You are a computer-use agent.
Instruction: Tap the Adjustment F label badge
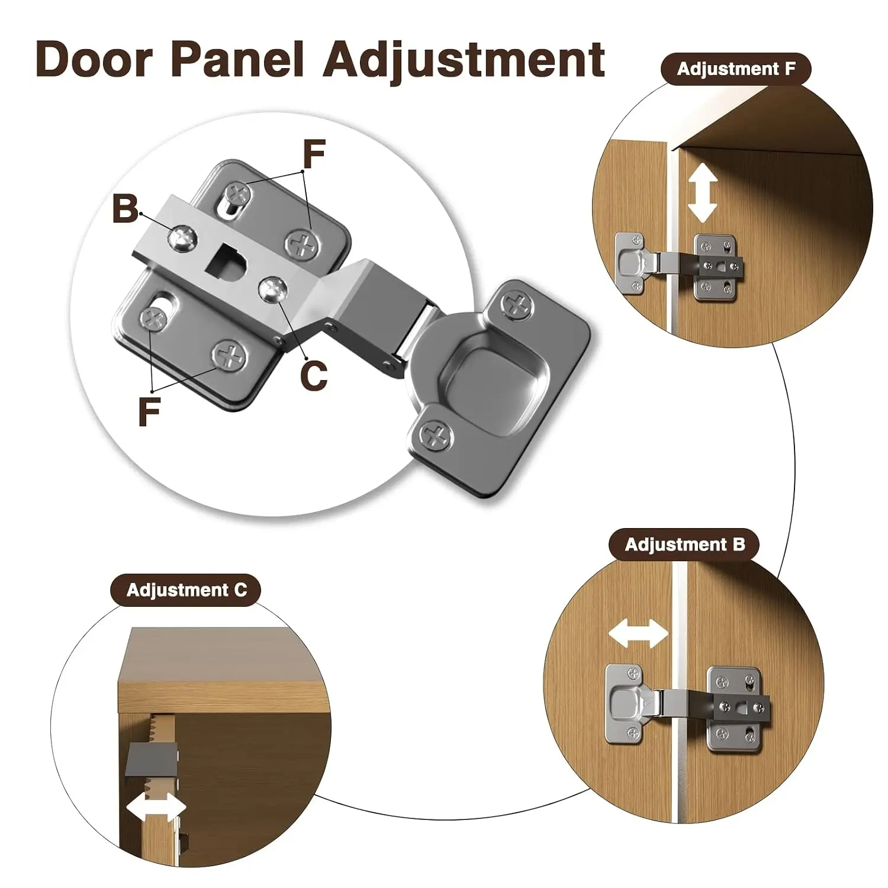click(x=736, y=69)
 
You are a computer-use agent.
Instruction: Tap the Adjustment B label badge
click(x=684, y=545)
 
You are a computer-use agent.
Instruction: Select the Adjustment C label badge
click(x=186, y=590)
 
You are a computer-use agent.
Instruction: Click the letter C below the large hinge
click(x=314, y=375)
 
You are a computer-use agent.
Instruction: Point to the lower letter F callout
click(x=149, y=411)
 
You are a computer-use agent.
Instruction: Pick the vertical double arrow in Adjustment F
click(x=703, y=193)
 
